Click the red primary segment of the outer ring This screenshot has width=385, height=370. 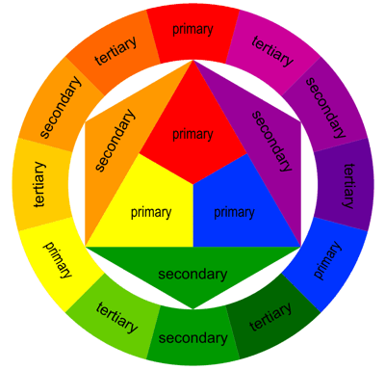point(192,29)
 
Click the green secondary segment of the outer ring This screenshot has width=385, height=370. point(192,337)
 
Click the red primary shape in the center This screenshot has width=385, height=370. point(192,130)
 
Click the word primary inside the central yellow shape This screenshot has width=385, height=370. point(151,212)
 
